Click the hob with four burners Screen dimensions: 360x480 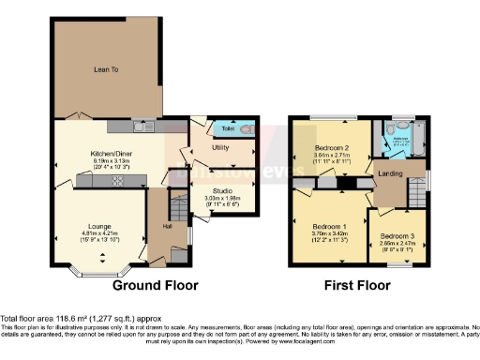tap(118, 180)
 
